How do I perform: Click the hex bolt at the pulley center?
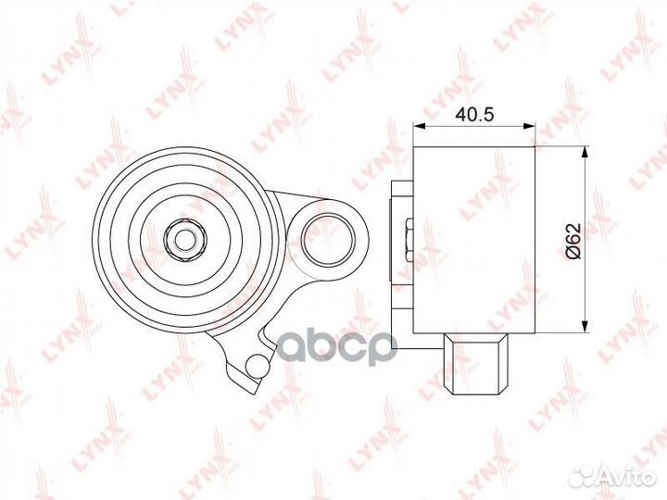(186, 239)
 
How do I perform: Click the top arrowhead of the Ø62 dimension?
(584, 153)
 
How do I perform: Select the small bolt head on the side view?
(408, 238)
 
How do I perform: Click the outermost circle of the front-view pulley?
(100, 239)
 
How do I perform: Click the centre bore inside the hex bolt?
(186, 239)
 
